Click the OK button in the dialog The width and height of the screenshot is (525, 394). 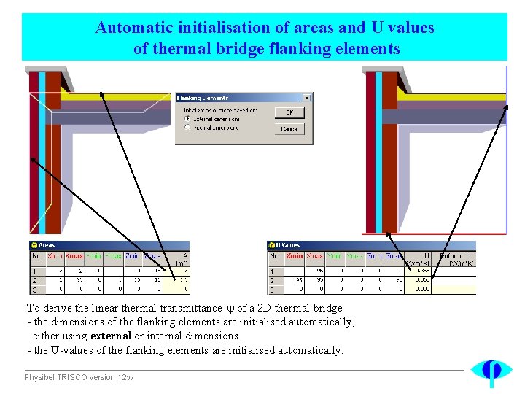click(x=289, y=112)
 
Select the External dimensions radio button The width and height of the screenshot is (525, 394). click(x=188, y=118)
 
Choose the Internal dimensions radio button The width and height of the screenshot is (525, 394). click(x=188, y=127)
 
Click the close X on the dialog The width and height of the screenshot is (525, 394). click(x=306, y=98)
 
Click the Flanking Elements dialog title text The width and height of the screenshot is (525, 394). click(x=203, y=98)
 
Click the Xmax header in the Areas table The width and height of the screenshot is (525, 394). click(x=74, y=257)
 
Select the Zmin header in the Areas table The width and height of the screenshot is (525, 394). click(x=132, y=257)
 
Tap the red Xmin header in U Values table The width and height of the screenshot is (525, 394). click(x=294, y=257)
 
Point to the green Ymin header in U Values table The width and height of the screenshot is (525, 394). click(x=334, y=257)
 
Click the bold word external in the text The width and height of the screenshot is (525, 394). click(x=111, y=336)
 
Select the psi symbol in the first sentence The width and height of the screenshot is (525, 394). click(x=230, y=309)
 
